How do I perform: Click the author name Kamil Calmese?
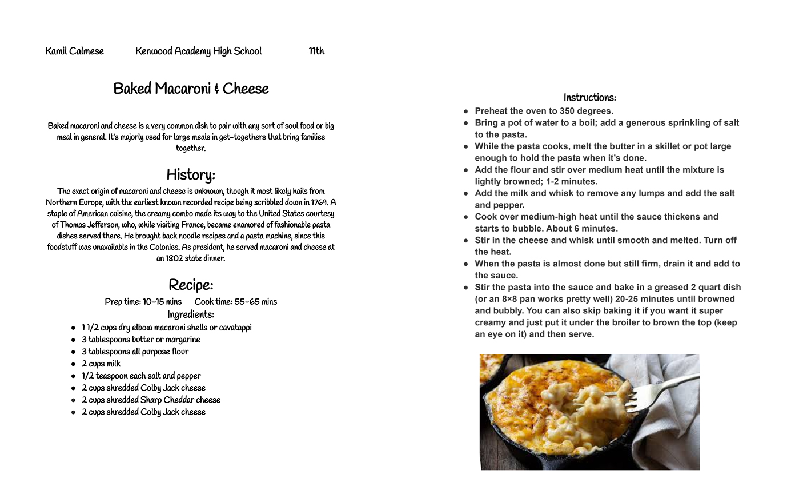pyautogui.click(x=74, y=51)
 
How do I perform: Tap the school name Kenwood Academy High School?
pyautogui.click(x=198, y=51)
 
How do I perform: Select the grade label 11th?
pyautogui.click(x=316, y=51)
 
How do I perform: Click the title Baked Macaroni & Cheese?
pyautogui.click(x=191, y=89)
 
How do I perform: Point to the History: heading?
pyautogui.click(x=191, y=175)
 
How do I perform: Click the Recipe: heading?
pyautogui.click(x=191, y=285)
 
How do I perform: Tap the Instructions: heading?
pyautogui.click(x=589, y=98)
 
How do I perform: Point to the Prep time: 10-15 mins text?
pyautogui.click(x=143, y=302)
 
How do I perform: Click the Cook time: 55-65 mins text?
pyautogui.click(x=235, y=302)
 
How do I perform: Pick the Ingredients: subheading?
pyautogui.click(x=191, y=314)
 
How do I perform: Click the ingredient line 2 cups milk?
pyautogui.click(x=101, y=364)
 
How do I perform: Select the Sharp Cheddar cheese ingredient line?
pyautogui.click(x=151, y=400)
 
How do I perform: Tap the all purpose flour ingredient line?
pyautogui.click(x=135, y=352)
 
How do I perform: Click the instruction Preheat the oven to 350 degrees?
pyautogui.click(x=544, y=111)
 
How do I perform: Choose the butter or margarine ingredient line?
pyautogui.click(x=140, y=340)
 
